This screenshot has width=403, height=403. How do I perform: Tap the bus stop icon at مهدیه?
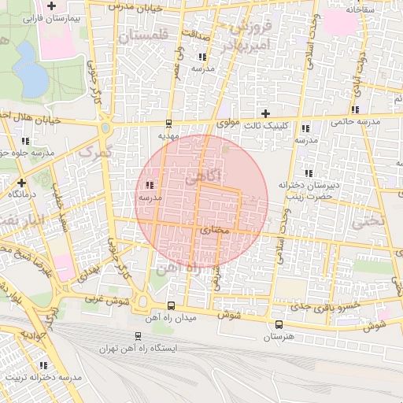(168, 124)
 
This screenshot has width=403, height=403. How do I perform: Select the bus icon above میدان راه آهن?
(172, 306)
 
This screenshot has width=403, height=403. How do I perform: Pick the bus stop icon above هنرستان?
(279, 324)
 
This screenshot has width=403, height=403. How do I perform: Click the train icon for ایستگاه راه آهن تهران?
(139, 336)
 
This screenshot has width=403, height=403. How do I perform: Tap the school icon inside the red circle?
(150, 185)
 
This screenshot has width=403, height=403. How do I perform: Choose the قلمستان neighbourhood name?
(142, 35)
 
